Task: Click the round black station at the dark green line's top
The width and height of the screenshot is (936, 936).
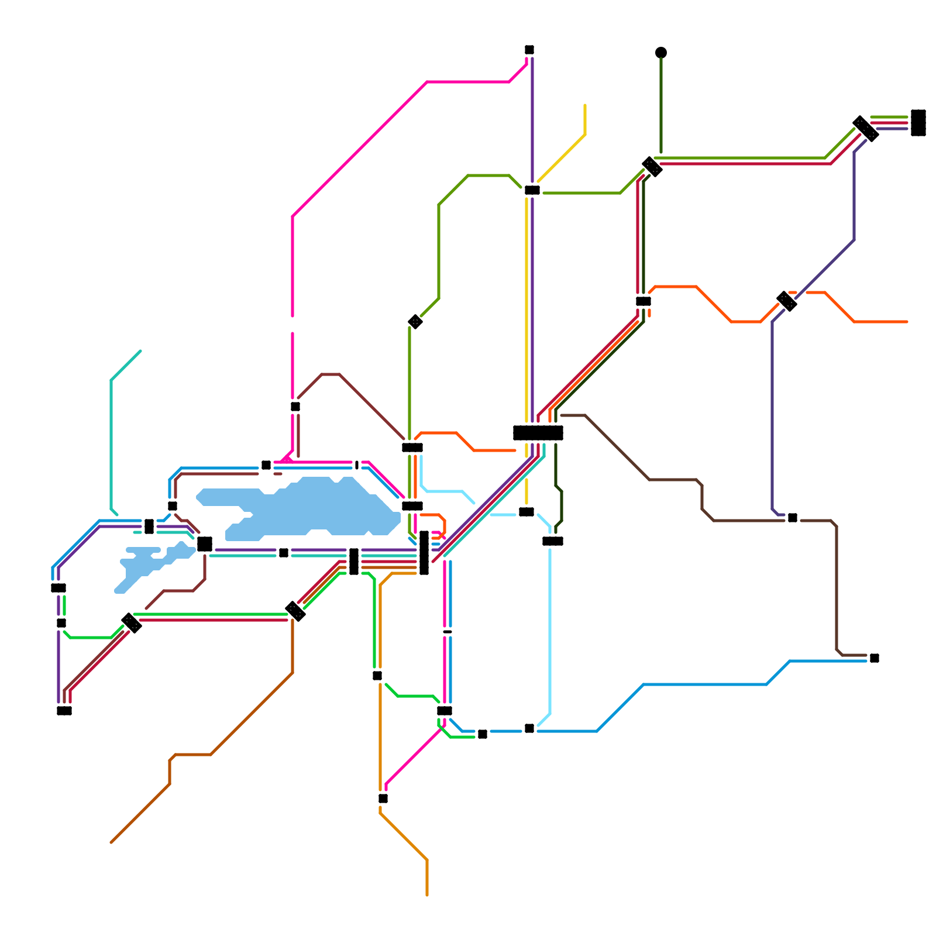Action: (x=661, y=53)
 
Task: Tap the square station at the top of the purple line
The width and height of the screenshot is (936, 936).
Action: (x=529, y=50)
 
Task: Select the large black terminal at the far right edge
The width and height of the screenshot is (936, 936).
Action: (x=918, y=123)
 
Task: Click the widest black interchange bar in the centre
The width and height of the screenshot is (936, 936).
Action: (x=538, y=433)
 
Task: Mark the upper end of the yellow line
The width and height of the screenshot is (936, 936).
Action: (x=585, y=106)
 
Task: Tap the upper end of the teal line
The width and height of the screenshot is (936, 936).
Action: (x=140, y=351)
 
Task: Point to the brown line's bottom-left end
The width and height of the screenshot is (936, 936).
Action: (x=111, y=842)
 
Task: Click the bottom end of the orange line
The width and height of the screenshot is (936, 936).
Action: (x=427, y=894)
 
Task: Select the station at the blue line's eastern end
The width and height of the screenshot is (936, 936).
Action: (x=875, y=658)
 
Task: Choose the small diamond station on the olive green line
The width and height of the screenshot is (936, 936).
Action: (x=415, y=322)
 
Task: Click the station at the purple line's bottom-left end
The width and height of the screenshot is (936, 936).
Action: (x=64, y=711)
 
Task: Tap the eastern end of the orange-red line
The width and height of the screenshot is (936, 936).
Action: (x=907, y=322)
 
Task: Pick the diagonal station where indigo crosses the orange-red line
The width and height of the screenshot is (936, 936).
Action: (x=787, y=301)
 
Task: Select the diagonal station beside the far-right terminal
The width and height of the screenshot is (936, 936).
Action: (x=866, y=129)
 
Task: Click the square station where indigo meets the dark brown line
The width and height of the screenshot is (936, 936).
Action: (x=793, y=518)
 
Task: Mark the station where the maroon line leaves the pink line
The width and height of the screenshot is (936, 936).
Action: (x=295, y=407)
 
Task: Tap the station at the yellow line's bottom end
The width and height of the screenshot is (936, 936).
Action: (x=526, y=512)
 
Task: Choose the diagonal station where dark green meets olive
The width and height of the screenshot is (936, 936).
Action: (x=652, y=167)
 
